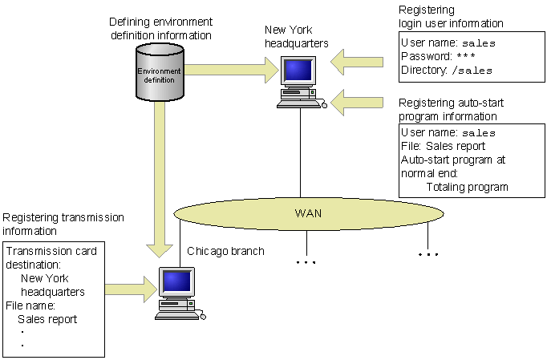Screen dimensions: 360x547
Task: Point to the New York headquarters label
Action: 296,36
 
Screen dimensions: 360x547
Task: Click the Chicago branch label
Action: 225,251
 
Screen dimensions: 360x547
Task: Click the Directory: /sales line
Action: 446,70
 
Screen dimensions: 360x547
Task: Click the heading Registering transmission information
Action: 64,224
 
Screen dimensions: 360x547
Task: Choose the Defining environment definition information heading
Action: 160,30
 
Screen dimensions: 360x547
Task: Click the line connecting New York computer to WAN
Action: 300,152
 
